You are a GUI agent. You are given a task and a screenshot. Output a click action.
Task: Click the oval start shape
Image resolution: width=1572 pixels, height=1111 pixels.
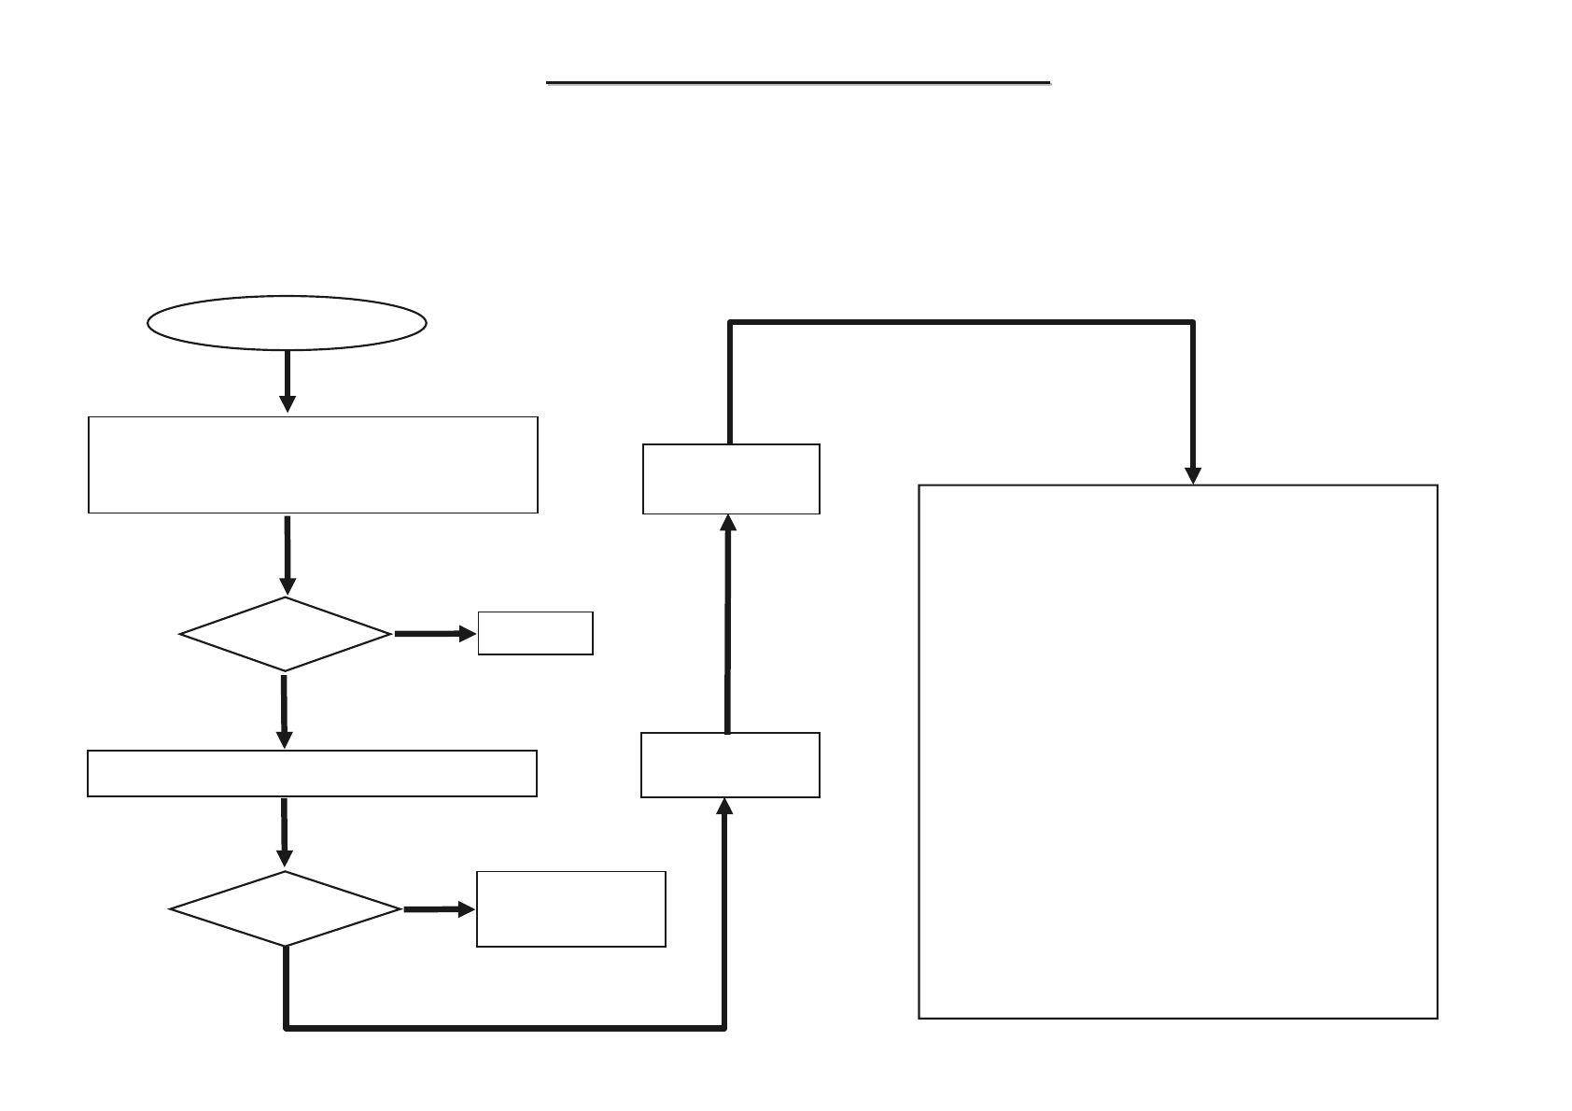(287, 323)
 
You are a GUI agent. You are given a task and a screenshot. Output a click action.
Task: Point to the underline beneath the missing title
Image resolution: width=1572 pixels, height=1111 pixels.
(798, 83)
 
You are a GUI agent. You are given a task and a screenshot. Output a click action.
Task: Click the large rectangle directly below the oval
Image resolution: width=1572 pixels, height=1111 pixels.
(313, 465)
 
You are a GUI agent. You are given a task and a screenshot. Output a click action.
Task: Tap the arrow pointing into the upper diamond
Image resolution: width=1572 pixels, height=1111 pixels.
(287, 555)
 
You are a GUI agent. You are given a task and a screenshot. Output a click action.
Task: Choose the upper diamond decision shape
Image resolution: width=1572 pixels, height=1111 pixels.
(286, 634)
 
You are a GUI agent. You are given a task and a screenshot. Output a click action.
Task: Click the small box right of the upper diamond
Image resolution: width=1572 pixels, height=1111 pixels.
(535, 633)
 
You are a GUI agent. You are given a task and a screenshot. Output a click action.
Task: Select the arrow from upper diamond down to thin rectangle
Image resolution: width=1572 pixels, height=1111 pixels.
(284, 710)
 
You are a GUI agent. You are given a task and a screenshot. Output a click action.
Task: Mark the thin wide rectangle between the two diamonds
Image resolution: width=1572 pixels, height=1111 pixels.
(312, 773)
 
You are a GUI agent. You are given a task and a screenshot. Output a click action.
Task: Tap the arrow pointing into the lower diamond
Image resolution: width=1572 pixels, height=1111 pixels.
(284, 832)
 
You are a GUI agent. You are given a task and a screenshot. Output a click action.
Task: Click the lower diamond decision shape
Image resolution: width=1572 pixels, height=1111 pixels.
(286, 908)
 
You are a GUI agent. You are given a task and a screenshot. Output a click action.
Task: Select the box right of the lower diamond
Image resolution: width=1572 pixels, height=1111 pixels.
(570, 909)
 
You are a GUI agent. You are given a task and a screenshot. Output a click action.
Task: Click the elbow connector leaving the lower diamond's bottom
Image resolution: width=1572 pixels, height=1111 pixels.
(504, 1028)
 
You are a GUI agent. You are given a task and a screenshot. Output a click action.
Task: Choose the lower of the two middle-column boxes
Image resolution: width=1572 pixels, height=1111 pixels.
(730, 765)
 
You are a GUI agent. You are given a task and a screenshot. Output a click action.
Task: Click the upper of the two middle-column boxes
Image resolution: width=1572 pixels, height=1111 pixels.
(731, 479)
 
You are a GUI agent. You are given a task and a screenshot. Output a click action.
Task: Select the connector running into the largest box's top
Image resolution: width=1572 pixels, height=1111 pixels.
(961, 323)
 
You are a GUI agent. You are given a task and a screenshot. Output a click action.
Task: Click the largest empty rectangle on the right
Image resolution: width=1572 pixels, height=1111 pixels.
(1177, 751)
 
